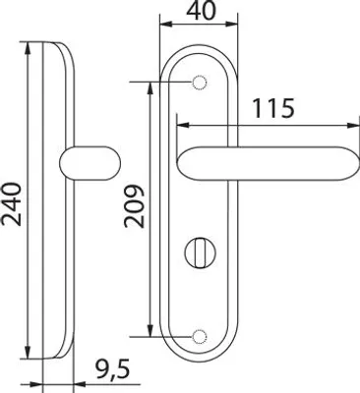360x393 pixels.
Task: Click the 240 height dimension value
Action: [12, 204]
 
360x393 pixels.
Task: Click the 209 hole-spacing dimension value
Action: [135, 206]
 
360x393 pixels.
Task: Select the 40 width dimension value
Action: [202, 9]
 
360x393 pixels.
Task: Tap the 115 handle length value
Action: [273, 108]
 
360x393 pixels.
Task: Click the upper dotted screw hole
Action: [199, 83]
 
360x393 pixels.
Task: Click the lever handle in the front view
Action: [268, 164]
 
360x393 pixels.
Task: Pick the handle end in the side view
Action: [90, 163]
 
